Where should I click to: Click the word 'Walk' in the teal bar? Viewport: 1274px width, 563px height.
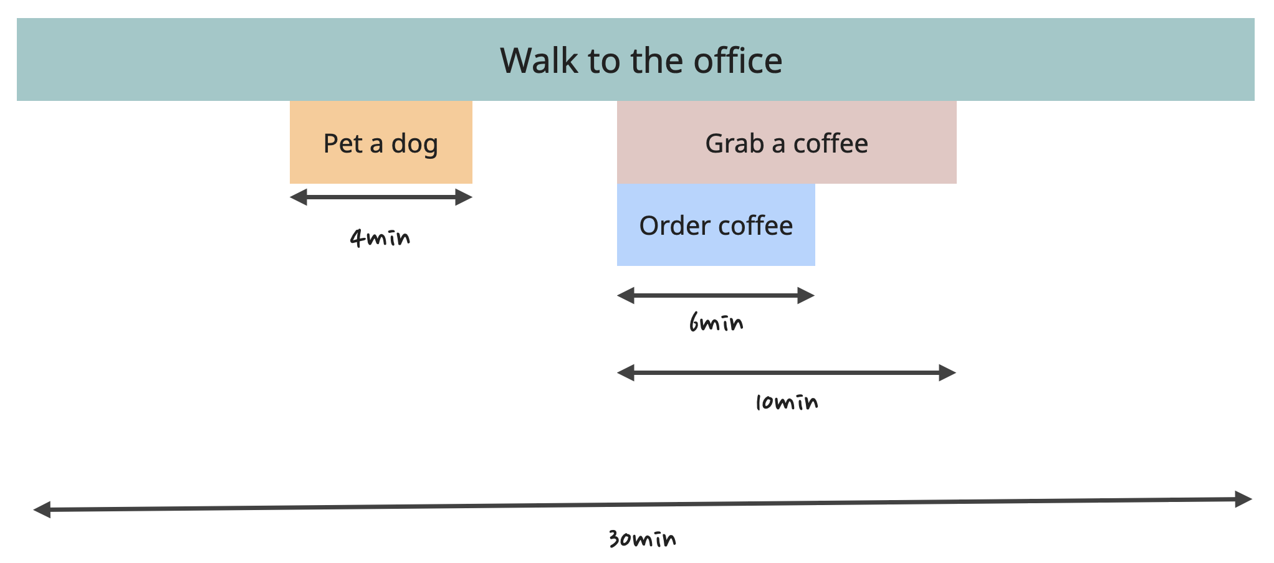pos(539,60)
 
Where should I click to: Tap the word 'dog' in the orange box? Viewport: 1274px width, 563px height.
pos(414,144)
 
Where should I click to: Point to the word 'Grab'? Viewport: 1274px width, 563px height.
pos(734,144)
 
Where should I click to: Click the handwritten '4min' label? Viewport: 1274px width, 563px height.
pos(380,237)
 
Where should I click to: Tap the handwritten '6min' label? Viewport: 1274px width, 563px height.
pos(716,323)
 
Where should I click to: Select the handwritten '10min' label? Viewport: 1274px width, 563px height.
pos(787,402)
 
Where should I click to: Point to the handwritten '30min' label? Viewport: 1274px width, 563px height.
pos(643,539)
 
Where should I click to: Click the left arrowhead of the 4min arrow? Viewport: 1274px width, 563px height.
pos(299,197)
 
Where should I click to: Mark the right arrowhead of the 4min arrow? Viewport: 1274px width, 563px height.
pos(464,197)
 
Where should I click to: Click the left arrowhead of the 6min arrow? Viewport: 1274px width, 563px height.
pos(626,296)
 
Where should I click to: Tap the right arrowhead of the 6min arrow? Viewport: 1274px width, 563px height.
pos(807,296)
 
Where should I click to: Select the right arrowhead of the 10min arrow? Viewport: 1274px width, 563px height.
pos(947,373)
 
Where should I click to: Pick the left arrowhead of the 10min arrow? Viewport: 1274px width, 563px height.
pos(626,373)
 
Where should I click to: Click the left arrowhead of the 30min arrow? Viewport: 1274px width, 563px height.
pos(42,510)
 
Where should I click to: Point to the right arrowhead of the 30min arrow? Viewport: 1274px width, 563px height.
pos(1243,499)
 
